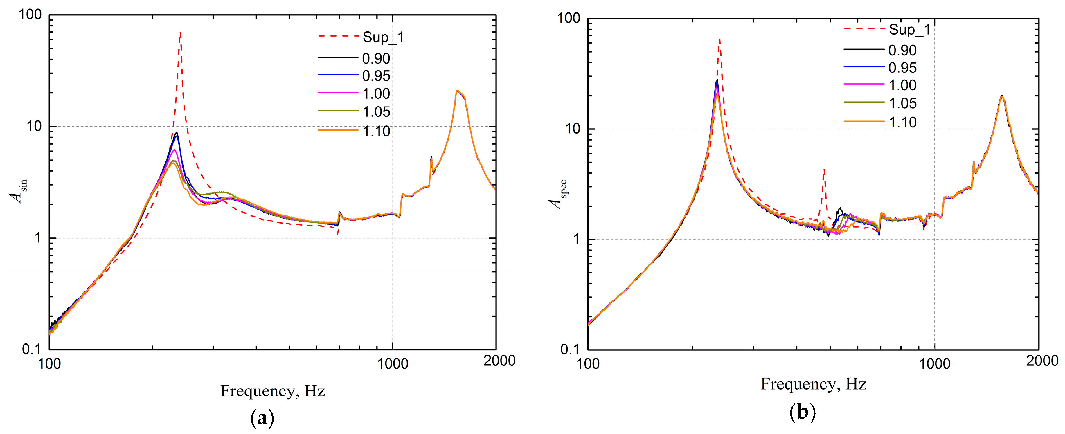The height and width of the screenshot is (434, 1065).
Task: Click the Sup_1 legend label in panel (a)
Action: tap(383, 38)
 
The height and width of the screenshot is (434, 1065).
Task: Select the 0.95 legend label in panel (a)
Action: tap(376, 76)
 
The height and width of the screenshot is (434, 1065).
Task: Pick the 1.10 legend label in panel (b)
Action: tap(902, 122)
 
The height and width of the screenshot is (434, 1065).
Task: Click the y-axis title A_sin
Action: tap(19, 191)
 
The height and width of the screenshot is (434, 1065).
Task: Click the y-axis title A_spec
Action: tap(557, 194)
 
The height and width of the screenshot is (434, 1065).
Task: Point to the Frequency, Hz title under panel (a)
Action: tap(272, 391)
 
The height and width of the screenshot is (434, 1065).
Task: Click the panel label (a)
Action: tap(262, 419)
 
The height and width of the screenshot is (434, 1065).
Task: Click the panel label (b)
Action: tap(802, 412)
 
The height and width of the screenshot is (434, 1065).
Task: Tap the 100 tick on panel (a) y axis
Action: tap(30, 15)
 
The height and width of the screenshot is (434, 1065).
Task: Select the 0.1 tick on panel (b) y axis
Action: tap(571, 350)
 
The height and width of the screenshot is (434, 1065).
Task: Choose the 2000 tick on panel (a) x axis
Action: tap(499, 361)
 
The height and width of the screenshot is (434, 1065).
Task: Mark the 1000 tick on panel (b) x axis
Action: tap(934, 364)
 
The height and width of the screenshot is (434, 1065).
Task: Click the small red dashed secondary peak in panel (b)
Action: tap(824, 170)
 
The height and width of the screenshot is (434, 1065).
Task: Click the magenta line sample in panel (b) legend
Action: tap(864, 84)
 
